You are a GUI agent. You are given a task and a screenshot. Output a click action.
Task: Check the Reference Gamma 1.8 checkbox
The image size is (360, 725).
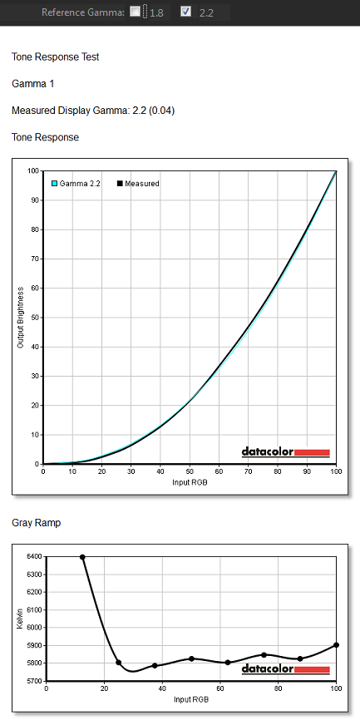135,12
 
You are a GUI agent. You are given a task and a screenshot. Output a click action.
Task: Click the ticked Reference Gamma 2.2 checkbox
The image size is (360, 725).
185,12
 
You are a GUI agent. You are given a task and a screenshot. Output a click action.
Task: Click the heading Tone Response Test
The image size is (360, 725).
56,57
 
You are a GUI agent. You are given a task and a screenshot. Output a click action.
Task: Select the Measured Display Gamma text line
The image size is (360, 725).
93,111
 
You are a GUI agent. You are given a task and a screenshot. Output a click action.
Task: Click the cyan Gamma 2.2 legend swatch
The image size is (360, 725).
54,184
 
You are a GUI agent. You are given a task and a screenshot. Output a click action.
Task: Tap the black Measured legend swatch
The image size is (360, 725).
120,184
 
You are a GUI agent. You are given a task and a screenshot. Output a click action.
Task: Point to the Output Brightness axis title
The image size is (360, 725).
20,318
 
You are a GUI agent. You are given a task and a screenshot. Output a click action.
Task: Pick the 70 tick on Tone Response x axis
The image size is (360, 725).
248,471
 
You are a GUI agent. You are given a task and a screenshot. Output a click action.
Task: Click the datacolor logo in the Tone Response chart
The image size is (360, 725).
286,451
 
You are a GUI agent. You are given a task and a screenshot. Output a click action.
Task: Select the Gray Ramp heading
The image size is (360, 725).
36,523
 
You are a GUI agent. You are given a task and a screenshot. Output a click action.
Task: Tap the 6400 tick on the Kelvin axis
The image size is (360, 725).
35,557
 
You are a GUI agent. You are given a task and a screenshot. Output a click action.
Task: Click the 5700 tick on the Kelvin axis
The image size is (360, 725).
35,681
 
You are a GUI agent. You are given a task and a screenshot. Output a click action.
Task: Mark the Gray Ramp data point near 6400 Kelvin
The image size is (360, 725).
82,557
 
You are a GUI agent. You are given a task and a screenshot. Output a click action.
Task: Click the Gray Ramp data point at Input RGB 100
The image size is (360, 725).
336,645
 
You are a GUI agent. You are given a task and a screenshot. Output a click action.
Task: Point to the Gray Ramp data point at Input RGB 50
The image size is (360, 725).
191,658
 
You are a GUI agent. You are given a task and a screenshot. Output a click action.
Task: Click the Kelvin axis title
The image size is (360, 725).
19,619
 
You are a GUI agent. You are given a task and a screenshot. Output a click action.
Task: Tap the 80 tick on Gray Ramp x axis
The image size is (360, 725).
279,689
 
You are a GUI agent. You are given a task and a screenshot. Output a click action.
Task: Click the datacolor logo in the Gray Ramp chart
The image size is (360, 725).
286,669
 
